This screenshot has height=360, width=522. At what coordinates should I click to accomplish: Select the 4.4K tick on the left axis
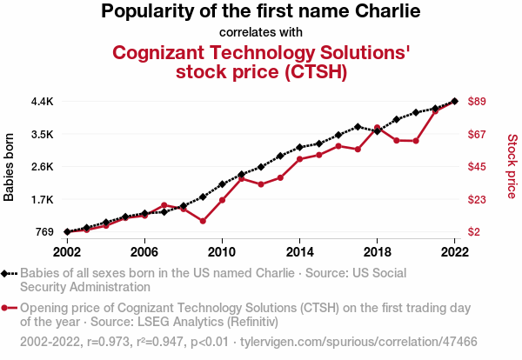[42, 102]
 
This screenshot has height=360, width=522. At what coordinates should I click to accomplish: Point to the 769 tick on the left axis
[45, 231]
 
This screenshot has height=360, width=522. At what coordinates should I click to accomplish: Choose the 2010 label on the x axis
[222, 251]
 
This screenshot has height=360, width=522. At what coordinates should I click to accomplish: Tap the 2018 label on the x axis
[377, 251]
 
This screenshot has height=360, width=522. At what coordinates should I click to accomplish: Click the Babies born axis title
[10, 167]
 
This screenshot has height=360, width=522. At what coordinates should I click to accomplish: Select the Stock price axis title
[512, 165]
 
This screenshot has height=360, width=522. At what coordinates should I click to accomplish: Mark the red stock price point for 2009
[203, 221]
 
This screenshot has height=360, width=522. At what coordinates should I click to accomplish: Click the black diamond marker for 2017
[358, 127]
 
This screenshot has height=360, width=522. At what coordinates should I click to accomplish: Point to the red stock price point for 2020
[416, 140]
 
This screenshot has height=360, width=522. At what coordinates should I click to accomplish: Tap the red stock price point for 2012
[261, 184]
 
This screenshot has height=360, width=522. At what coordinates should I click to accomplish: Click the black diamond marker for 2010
[222, 184]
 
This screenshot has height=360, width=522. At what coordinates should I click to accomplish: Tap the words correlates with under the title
[261, 32]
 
